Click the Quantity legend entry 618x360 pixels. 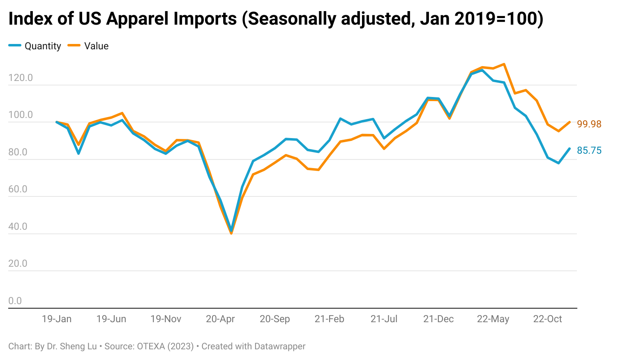pyautogui.click(x=35, y=46)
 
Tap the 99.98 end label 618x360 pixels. pyautogui.click(x=589, y=124)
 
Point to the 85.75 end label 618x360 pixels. pyautogui.click(x=589, y=150)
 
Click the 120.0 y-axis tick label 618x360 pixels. pyautogui.click(x=21, y=78)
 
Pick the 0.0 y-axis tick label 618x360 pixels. pyautogui.click(x=15, y=301)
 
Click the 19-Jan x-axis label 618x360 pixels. pyautogui.click(x=57, y=319)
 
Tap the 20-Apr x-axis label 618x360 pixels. pyautogui.click(x=220, y=319)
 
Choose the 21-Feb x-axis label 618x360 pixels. pyautogui.click(x=329, y=319)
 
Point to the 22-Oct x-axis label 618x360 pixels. pyautogui.click(x=547, y=319)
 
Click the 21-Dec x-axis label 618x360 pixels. pyautogui.click(x=438, y=319)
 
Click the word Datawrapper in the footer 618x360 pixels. pyautogui.click(x=279, y=346)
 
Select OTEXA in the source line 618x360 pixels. pyautogui.click(x=150, y=346)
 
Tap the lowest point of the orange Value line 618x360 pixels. pyautogui.click(x=231, y=233)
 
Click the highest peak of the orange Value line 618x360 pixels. pyautogui.click(x=504, y=64)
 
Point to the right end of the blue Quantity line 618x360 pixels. pyautogui.click(x=569, y=149)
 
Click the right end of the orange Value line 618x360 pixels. pyautogui.click(x=570, y=122)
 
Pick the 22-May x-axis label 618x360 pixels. pyautogui.click(x=493, y=319)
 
